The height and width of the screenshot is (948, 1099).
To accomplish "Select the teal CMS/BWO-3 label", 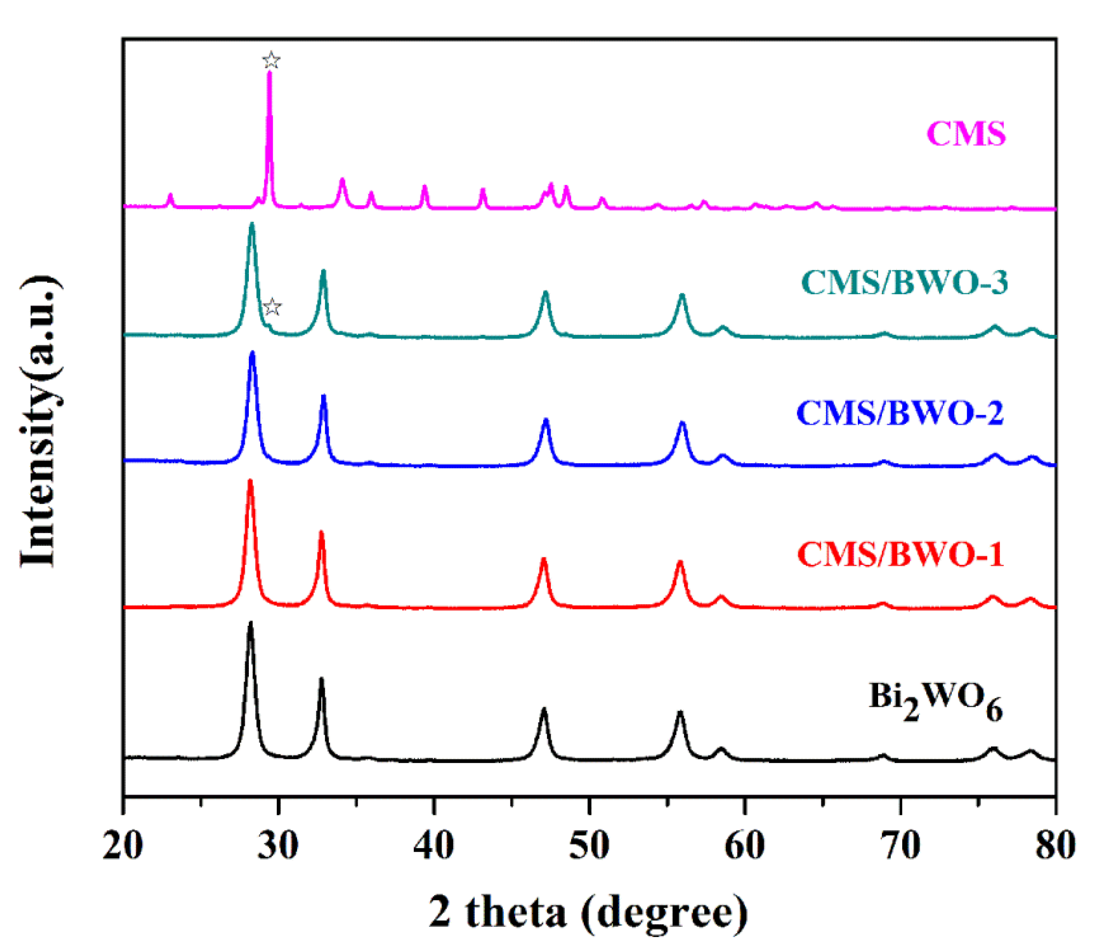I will (905, 282).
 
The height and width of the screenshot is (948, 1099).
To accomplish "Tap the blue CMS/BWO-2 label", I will (900, 412).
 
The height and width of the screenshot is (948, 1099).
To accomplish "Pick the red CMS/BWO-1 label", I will (900, 554).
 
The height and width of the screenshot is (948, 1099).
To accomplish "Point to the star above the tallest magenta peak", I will (271, 61).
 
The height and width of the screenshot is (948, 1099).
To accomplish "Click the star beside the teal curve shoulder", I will (272, 307).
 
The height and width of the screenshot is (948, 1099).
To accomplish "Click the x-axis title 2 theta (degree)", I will (589, 912).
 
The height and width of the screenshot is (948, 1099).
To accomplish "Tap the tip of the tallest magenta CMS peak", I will (270, 73).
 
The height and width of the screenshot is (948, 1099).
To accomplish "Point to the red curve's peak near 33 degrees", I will (321, 532).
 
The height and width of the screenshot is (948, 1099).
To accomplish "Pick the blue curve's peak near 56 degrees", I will (682, 423).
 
